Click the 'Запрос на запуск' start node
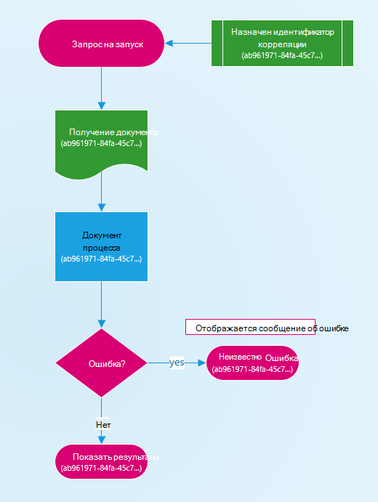point(101,43)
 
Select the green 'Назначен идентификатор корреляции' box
point(282,43)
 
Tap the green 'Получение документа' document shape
point(101,144)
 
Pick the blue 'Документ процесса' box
point(101,246)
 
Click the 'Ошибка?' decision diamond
point(101,363)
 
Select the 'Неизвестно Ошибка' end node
point(252,363)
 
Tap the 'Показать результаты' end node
point(101,461)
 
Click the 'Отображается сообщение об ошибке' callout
point(250,327)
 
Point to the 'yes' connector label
point(177,363)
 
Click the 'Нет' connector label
point(103,424)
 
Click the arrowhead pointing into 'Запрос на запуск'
point(169,43)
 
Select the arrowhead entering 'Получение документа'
point(102,105)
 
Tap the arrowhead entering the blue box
point(102,207)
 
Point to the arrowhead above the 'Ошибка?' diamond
point(102,324)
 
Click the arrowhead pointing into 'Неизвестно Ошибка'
point(202,363)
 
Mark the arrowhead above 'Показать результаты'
point(102,440)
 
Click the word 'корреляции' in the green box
point(282,44)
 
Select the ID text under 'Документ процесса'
point(101,259)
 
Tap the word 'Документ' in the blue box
point(102,235)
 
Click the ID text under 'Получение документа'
point(101,143)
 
